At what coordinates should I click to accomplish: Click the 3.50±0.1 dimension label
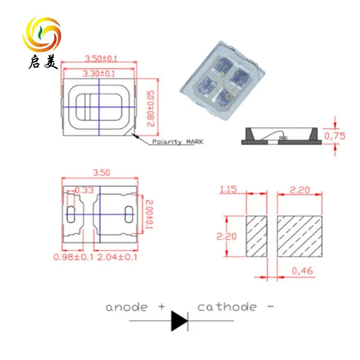click(x=100, y=58)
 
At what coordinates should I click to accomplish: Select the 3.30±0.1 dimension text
click(x=99, y=73)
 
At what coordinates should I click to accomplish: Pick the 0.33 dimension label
click(x=84, y=190)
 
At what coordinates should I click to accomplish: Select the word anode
click(x=126, y=307)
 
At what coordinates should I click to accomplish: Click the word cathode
click(x=227, y=307)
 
